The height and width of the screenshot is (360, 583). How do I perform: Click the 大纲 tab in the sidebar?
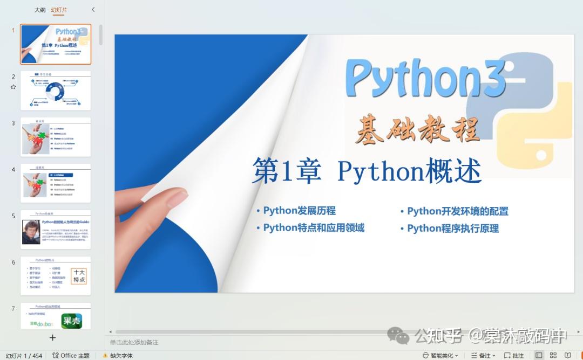pos(40,10)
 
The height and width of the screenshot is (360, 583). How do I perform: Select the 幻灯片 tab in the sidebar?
pos(59,10)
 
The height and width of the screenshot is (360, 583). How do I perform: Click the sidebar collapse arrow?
pos(93,10)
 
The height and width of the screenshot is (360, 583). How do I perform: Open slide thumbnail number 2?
pos(56,91)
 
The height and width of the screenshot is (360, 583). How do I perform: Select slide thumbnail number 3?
pos(56,137)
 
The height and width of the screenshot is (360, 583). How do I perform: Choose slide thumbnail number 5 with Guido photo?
pos(56,230)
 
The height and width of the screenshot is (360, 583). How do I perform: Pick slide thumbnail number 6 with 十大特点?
pos(56,276)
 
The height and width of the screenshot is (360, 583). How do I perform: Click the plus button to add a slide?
pos(52,337)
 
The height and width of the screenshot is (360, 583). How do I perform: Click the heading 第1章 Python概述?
pos(366,171)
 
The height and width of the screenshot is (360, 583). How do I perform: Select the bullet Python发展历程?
pos(299,211)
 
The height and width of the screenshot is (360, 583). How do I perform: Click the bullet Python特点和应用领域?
pos(313,228)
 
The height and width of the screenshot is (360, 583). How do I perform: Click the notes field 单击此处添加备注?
pos(134,342)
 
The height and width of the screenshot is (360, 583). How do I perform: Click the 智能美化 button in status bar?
pos(441,356)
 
